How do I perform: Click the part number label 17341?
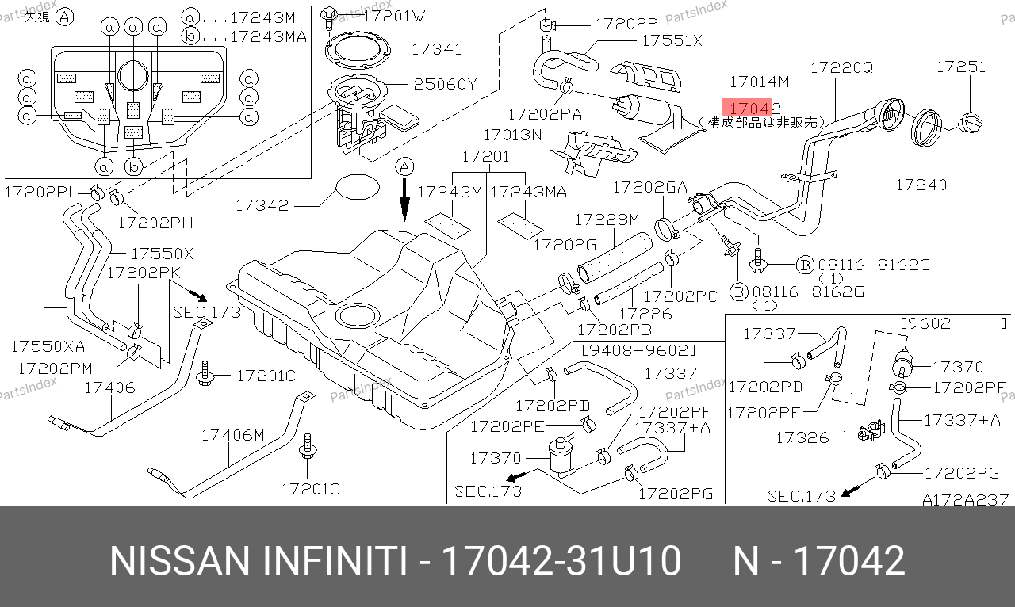(436, 49)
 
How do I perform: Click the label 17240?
(921, 185)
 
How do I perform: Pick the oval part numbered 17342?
(357, 189)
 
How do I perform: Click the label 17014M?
(759, 81)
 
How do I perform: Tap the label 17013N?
(512, 136)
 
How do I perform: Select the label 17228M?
(607, 220)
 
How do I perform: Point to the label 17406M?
(232, 434)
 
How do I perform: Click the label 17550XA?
(47, 346)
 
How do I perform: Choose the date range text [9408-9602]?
(638, 349)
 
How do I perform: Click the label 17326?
(802, 437)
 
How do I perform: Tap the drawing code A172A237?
(964, 500)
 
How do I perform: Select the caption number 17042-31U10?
(561, 561)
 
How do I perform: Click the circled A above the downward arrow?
(404, 167)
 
